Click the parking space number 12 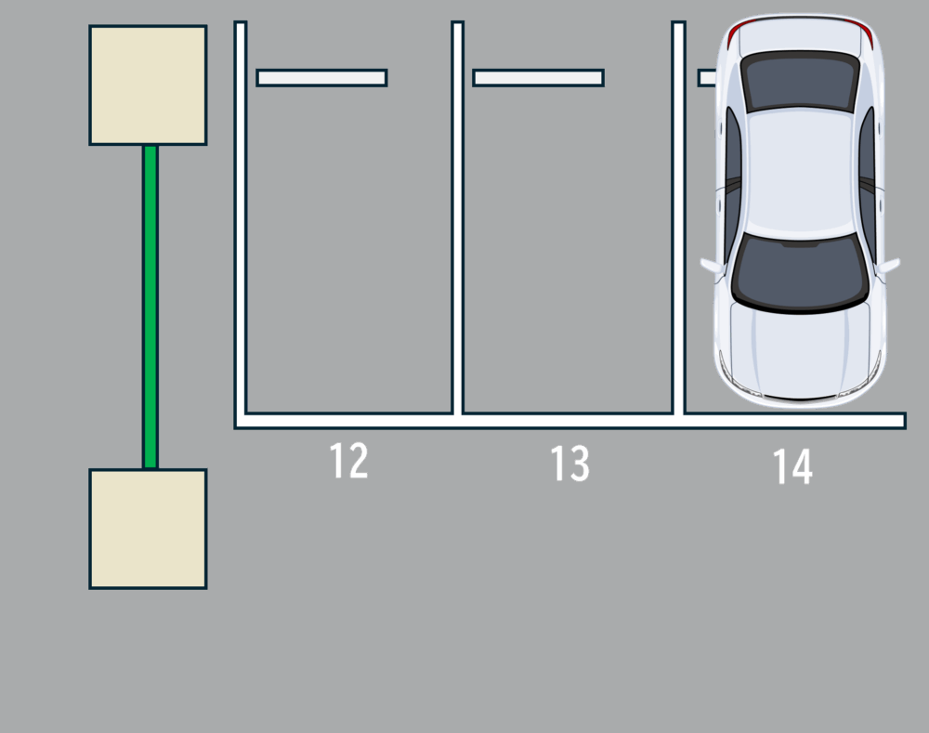349,461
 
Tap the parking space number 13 570,464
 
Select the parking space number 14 792,467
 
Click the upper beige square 148,85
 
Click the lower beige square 148,530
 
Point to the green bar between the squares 150,307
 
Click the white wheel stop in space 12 321,78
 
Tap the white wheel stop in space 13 539,78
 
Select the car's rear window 801,81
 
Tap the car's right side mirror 888,266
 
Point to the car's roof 801,172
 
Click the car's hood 801,349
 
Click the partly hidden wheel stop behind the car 707,78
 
